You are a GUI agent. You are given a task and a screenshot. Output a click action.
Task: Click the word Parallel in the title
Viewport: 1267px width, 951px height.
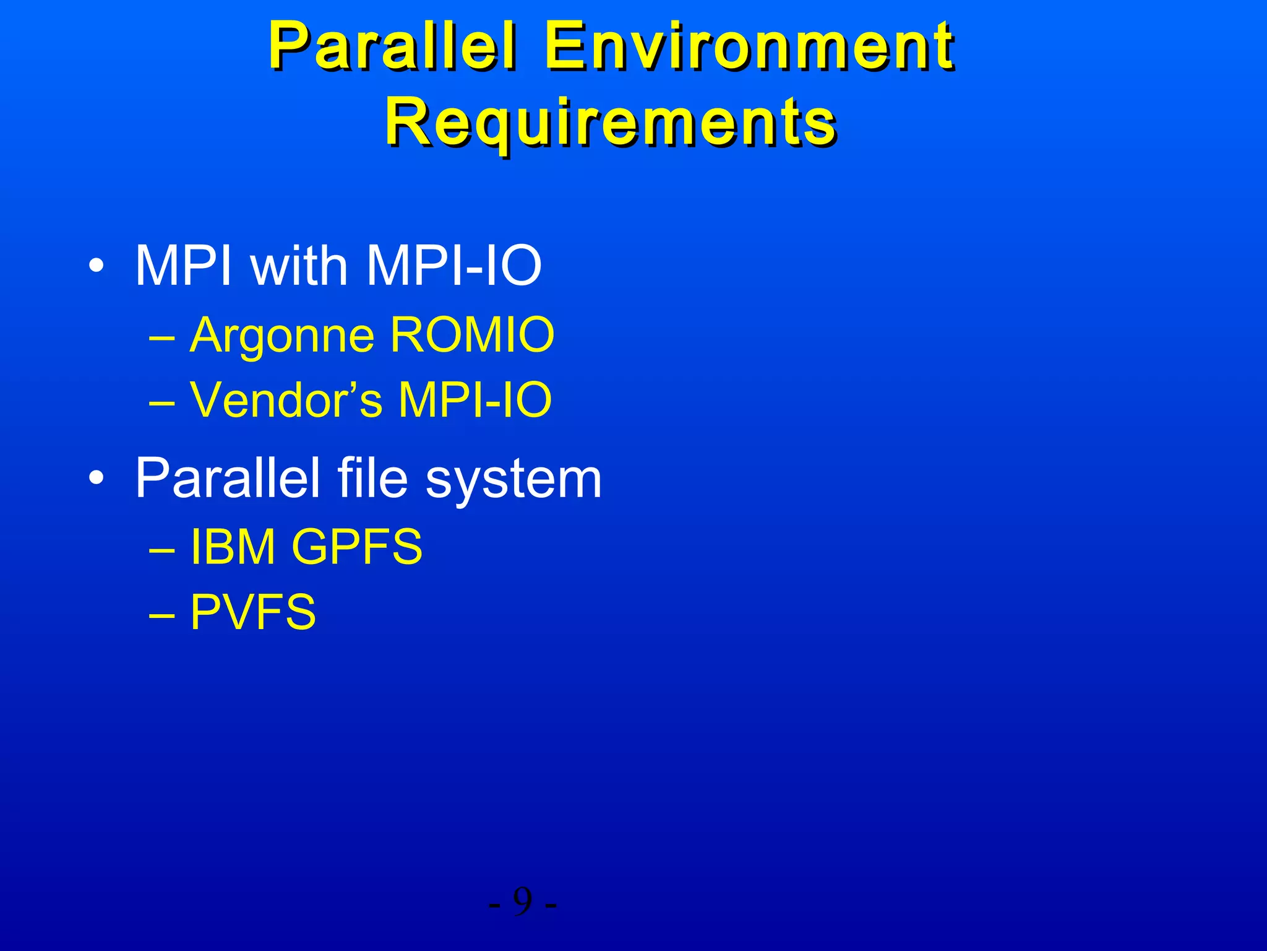[x=392, y=46]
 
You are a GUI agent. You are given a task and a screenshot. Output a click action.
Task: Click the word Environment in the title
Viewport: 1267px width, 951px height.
[x=749, y=46]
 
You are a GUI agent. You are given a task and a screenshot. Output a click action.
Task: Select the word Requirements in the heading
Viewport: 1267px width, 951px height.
[x=611, y=121]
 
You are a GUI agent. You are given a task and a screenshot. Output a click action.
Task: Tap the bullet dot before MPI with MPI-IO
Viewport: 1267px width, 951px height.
[x=96, y=266]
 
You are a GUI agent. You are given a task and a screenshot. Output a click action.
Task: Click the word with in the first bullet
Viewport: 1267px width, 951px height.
[x=299, y=266]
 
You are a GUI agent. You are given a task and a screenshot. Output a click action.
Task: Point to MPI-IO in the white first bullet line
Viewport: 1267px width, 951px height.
[x=454, y=266]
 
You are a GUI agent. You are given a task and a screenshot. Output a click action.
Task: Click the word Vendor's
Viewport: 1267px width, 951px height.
[x=286, y=400]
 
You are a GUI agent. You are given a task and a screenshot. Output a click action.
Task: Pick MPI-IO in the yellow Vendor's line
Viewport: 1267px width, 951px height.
[x=475, y=400]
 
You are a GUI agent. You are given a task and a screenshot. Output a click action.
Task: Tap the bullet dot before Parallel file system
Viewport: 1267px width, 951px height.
[x=96, y=478]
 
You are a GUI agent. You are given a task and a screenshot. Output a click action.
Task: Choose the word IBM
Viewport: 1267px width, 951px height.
[x=233, y=547]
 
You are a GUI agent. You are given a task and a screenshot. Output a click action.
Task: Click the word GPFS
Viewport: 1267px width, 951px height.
[x=357, y=547]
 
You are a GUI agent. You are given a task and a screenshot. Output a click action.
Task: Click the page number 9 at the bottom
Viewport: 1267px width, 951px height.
[x=523, y=902]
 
